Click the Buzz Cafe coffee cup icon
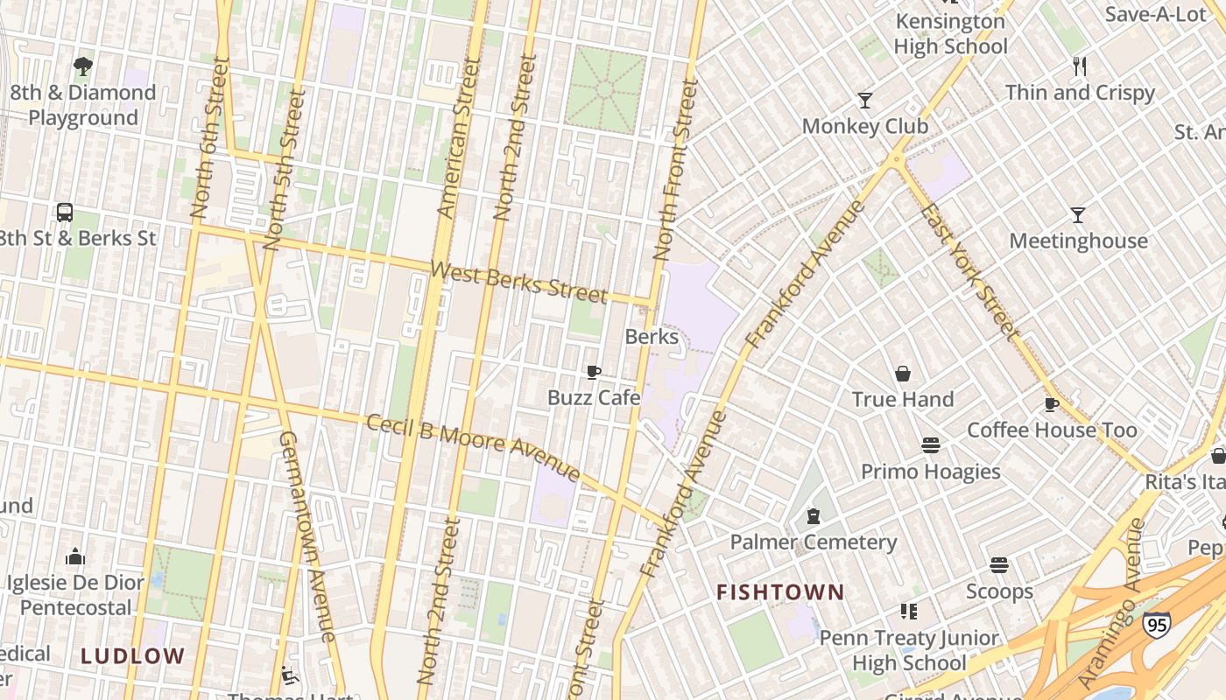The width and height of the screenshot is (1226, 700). click(x=593, y=373)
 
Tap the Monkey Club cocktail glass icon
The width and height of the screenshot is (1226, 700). click(x=865, y=101)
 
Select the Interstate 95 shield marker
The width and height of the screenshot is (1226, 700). click(x=1156, y=625)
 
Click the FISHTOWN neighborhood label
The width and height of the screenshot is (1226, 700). click(x=780, y=592)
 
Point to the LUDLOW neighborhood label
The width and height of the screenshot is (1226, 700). click(x=133, y=655)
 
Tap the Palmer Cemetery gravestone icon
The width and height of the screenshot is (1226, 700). click(x=814, y=516)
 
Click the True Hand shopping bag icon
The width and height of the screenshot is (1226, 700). click(x=903, y=374)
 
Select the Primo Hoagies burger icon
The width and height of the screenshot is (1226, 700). click(x=930, y=446)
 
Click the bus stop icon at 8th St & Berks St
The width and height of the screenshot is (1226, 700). click(x=65, y=213)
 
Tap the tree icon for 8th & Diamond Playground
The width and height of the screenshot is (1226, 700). click(x=83, y=66)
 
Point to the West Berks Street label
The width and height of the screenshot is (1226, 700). click(x=519, y=282)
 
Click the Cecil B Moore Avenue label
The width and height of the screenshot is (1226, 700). click(x=473, y=447)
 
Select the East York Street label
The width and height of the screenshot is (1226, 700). click(x=971, y=272)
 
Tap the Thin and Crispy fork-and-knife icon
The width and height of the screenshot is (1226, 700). click(x=1080, y=66)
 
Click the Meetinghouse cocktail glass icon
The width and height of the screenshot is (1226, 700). click(x=1078, y=215)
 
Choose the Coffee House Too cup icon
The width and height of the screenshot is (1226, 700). click(x=1052, y=404)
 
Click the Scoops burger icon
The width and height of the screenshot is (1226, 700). click(x=999, y=565)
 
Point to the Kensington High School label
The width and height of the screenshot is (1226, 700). click(x=950, y=34)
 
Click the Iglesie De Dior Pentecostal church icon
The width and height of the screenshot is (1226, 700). click(x=75, y=556)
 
